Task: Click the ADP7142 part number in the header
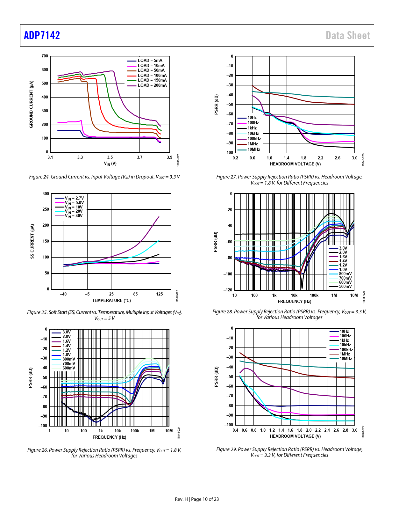42,35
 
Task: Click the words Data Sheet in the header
348,35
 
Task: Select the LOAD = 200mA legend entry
152,85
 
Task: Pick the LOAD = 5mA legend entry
150,61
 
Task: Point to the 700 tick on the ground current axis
45,56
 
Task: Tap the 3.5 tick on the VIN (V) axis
110,157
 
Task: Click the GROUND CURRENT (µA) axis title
31,104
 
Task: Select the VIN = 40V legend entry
74,216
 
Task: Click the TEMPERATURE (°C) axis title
111,300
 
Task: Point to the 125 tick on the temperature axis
159,294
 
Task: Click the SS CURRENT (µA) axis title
32,241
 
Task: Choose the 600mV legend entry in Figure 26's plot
69,368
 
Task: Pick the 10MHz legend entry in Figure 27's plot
253,150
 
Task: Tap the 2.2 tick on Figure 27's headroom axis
320,158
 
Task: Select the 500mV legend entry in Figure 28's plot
345,287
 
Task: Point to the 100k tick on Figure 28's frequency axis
314,295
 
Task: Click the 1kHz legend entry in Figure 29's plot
344,340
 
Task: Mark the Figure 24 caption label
39,177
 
